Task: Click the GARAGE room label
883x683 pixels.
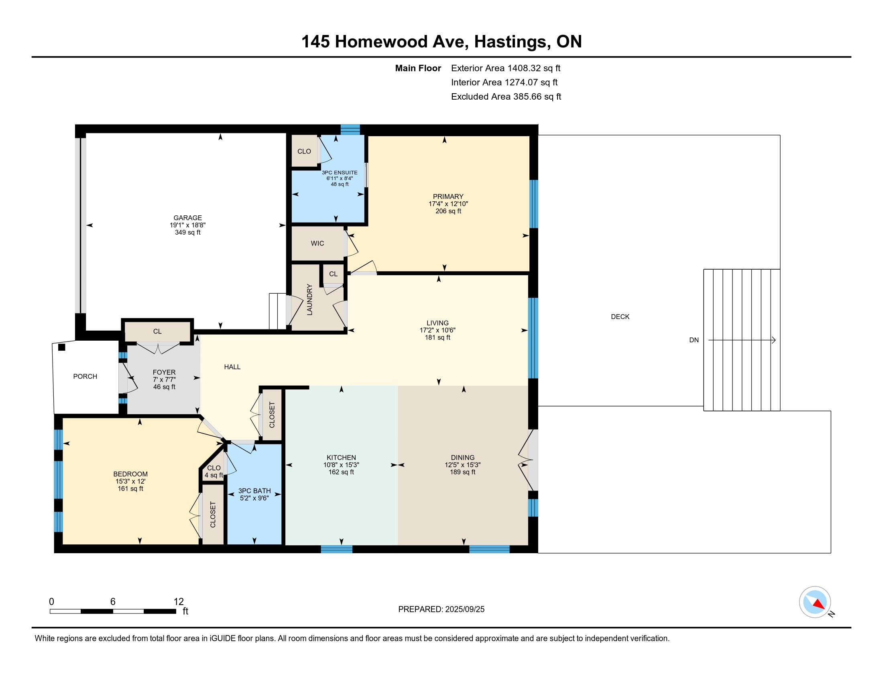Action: point(187,218)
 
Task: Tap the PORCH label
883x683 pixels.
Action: point(85,376)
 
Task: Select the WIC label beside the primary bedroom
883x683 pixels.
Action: point(317,243)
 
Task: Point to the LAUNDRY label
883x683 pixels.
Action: point(310,299)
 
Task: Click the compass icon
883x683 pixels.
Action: point(815,602)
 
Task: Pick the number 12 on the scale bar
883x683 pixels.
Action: point(179,601)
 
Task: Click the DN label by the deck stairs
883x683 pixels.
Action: point(694,340)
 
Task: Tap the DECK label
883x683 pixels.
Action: point(620,317)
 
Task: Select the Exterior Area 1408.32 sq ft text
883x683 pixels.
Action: point(506,68)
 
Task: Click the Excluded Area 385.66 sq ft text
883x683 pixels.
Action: point(506,96)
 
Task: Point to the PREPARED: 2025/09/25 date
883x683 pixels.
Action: point(441,609)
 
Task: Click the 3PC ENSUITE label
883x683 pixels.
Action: point(340,172)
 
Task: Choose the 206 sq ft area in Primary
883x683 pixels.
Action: point(448,211)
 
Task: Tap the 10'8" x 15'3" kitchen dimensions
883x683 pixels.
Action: point(341,465)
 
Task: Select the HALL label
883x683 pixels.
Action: point(232,366)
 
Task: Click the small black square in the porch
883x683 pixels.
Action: point(61,347)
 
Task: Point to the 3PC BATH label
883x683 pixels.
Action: point(254,491)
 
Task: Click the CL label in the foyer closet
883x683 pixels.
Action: point(157,331)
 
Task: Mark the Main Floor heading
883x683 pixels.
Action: point(418,68)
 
